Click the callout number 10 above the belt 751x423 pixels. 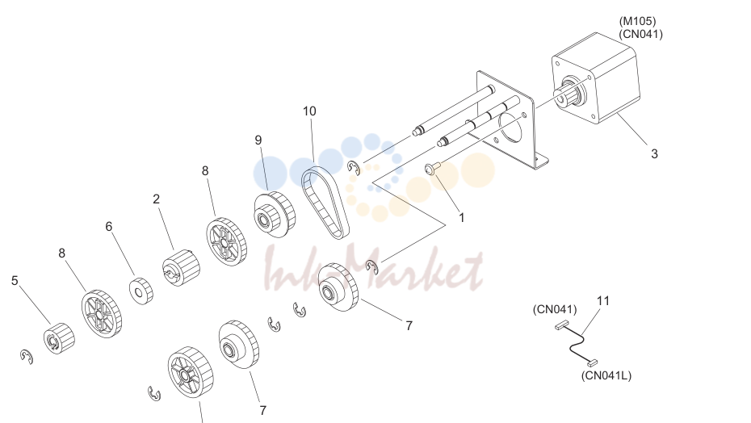click(x=309, y=111)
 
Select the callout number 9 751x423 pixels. click(x=258, y=140)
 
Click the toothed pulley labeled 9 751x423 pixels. click(x=275, y=213)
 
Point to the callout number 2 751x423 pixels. click(x=156, y=199)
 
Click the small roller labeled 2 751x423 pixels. click(x=181, y=267)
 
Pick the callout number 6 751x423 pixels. click(x=109, y=227)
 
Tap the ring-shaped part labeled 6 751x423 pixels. click(x=141, y=291)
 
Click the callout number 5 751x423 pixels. click(x=15, y=281)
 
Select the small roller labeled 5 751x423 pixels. click(x=59, y=338)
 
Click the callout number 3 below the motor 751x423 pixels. click(x=654, y=154)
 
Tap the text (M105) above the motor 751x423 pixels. click(x=637, y=21)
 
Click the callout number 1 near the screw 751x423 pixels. click(x=462, y=218)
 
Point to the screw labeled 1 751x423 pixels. click(x=433, y=168)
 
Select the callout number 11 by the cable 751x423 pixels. click(x=603, y=301)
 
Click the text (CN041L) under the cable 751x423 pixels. click(x=606, y=375)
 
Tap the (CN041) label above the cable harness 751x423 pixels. click(x=555, y=309)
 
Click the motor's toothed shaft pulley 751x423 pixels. click(x=569, y=92)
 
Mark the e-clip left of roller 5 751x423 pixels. click(x=27, y=357)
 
